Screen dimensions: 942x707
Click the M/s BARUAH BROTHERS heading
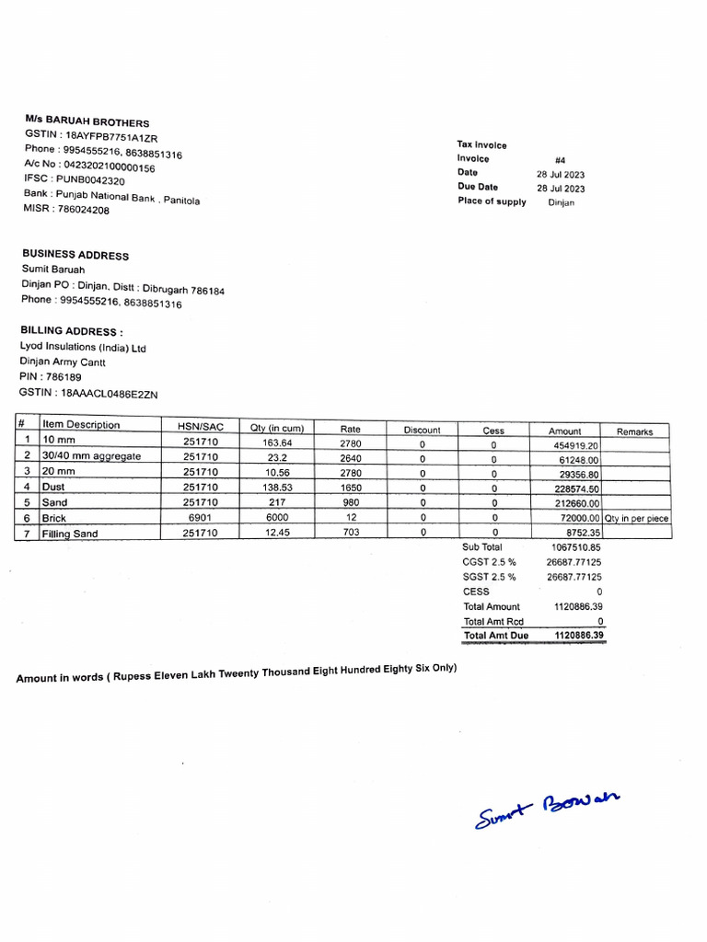click(x=87, y=122)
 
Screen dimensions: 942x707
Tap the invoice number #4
click(x=561, y=160)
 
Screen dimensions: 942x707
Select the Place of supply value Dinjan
click(x=561, y=202)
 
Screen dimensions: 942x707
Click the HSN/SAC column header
click(x=200, y=426)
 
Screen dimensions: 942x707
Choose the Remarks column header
click(x=634, y=431)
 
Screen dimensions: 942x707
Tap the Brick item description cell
click(x=55, y=518)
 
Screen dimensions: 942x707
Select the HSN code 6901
click(x=200, y=518)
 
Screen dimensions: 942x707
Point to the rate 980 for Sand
click(x=350, y=502)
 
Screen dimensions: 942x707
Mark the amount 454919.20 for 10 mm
click(x=574, y=444)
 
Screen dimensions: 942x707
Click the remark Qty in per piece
click(x=636, y=519)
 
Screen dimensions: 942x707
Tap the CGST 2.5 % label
click(x=489, y=562)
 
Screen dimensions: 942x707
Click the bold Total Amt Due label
click(x=496, y=636)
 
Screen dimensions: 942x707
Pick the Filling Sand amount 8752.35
click(x=581, y=533)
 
